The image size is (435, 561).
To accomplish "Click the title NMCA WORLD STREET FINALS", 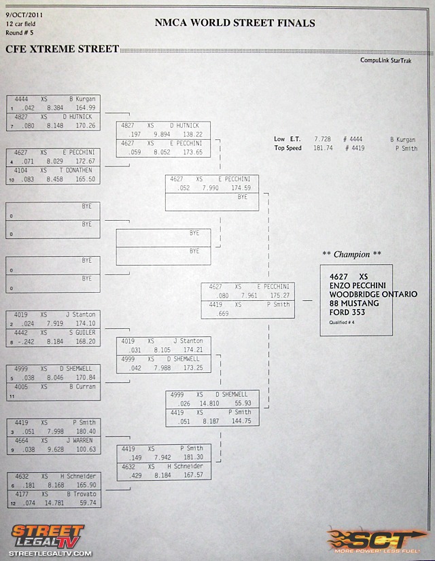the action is [x=235, y=23].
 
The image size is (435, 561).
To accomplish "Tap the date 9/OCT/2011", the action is [x=24, y=15].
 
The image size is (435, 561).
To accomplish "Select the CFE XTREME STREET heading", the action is [x=62, y=49].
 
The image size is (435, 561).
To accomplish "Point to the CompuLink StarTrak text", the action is [x=386, y=60].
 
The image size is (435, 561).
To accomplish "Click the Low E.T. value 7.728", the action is [x=323, y=139].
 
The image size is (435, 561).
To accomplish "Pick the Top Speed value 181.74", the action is [x=324, y=148].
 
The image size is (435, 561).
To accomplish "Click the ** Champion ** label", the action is [x=351, y=255].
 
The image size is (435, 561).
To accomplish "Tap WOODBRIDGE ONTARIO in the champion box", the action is [x=373, y=294].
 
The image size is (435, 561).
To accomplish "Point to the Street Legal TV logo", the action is [x=48, y=540].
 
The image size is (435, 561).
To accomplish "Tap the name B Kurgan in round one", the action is [x=82, y=99].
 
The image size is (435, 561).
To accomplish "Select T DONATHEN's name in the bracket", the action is [x=75, y=170].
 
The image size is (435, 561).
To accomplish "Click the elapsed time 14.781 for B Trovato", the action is [x=54, y=503].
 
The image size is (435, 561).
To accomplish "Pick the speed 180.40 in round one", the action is [x=86, y=431].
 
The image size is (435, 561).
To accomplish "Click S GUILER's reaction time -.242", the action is [x=26, y=342].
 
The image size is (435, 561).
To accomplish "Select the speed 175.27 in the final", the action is [x=280, y=295].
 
